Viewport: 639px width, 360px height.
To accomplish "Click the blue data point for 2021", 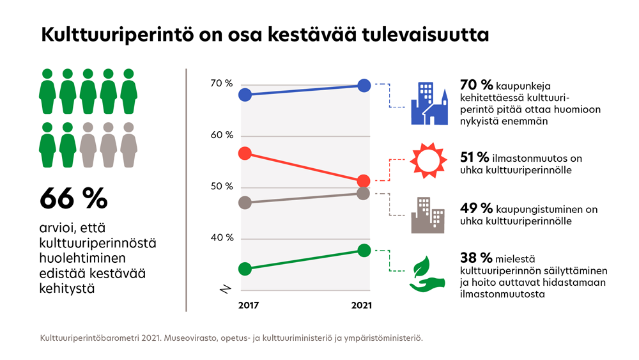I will coord(364,85).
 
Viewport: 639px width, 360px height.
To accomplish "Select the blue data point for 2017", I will coord(244,95).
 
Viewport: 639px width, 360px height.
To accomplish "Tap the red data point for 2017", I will coord(244,153).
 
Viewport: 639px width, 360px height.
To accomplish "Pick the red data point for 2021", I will coord(364,181).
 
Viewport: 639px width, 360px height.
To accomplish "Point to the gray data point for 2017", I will coord(244,203).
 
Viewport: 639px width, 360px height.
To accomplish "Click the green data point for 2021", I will coord(364,250).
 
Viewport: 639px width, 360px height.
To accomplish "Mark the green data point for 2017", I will coord(244,269).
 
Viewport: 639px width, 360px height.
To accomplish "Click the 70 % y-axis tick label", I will coord(222,84).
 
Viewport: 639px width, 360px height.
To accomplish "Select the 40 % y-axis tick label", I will coord(222,239).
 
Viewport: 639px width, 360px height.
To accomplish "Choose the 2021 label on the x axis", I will coord(362,306).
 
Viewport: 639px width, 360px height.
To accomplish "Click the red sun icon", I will coord(426,159).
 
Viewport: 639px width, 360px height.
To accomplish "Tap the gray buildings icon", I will coord(427,214).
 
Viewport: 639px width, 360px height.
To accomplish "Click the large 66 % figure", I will coord(73,198).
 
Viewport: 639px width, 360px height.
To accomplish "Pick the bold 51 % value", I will coord(475,157).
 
